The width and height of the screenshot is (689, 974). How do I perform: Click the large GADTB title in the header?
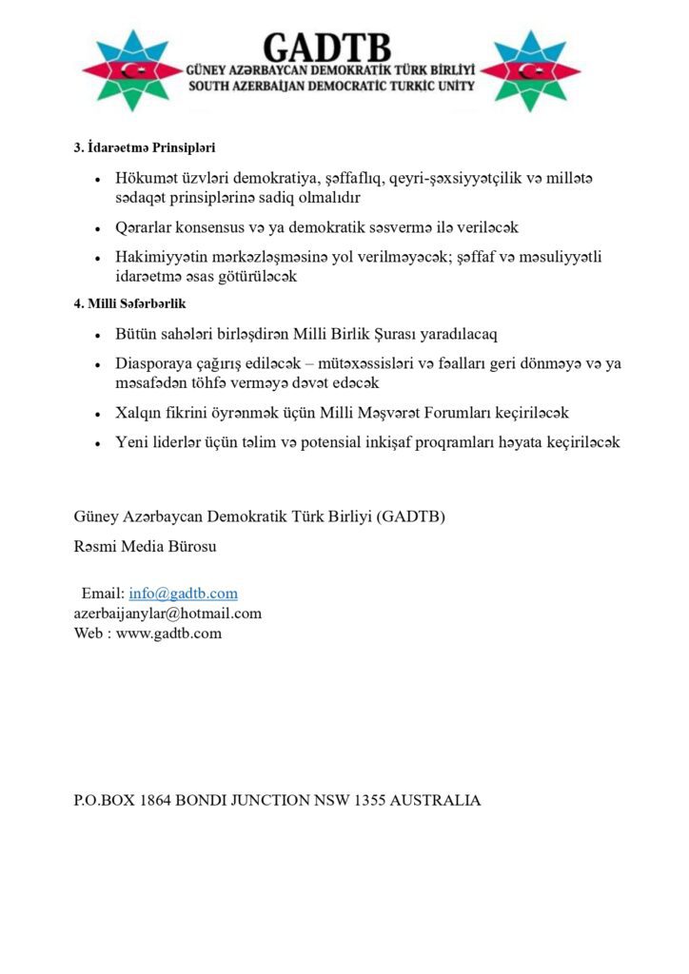[326, 48]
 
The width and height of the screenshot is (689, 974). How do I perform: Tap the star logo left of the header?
[131, 70]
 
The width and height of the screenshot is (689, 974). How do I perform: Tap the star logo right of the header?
[530, 70]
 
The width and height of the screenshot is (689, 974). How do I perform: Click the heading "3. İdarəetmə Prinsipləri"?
[145, 147]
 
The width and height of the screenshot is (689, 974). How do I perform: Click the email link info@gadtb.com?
[184, 594]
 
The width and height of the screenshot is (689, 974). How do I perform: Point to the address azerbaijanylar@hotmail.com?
[167, 614]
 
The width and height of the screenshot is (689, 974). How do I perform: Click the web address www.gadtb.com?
[169, 633]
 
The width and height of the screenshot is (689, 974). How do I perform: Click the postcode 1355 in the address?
[366, 801]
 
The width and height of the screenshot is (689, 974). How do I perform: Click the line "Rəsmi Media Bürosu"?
[145, 547]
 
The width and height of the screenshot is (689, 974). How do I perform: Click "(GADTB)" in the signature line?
[411, 517]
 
